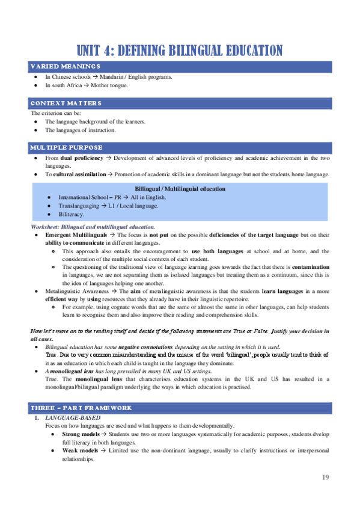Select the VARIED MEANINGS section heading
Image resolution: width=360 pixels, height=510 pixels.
[x=66, y=66]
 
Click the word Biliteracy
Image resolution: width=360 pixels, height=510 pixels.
[x=72, y=214]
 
